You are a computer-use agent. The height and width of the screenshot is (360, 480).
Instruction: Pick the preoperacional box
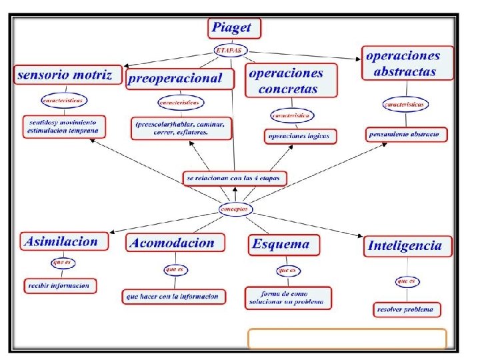(181, 78)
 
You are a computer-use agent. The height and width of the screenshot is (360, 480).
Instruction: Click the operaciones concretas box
(290, 81)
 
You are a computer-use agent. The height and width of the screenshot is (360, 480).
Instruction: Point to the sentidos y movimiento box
(63, 127)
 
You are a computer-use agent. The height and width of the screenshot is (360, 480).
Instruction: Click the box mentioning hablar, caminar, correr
(181, 128)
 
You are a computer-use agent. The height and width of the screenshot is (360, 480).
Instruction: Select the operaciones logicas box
(300, 136)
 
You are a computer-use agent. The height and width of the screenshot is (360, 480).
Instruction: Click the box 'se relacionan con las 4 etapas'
(235, 178)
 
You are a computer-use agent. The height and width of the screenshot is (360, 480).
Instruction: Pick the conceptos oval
(236, 209)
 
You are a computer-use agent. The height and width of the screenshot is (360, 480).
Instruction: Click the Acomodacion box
(173, 243)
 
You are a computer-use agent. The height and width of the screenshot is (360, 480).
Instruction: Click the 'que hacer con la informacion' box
(174, 296)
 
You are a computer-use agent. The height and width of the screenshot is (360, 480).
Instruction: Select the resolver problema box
(406, 309)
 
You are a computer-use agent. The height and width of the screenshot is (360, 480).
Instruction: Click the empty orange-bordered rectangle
(347, 339)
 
